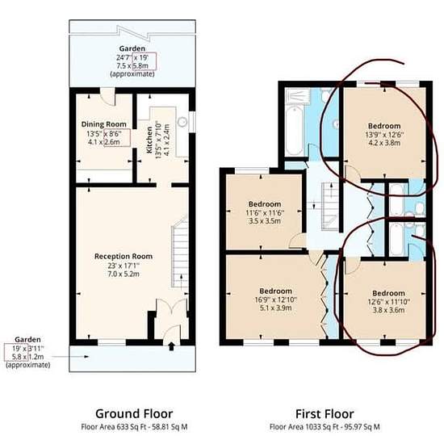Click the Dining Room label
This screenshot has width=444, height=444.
(x=103, y=124)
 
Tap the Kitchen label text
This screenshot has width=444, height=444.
(x=149, y=140)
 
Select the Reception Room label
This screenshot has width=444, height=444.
(x=124, y=256)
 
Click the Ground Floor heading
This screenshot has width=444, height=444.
(x=134, y=413)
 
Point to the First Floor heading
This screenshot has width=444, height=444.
(x=325, y=414)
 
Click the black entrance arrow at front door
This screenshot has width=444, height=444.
(x=171, y=346)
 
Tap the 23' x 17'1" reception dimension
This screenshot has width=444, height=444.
(x=124, y=266)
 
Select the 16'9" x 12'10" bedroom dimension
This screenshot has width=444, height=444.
(x=275, y=299)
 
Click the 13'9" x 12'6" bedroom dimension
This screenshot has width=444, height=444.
(x=384, y=135)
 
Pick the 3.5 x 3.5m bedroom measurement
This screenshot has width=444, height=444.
(x=265, y=221)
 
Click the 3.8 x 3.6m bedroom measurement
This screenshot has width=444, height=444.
(x=388, y=310)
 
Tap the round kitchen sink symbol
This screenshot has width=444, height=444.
(x=182, y=122)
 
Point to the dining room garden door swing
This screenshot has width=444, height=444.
(x=108, y=97)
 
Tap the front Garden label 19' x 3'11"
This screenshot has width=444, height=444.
(x=27, y=348)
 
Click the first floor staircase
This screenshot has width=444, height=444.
(x=330, y=207)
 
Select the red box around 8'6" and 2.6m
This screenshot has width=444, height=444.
(x=117, y=137)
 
